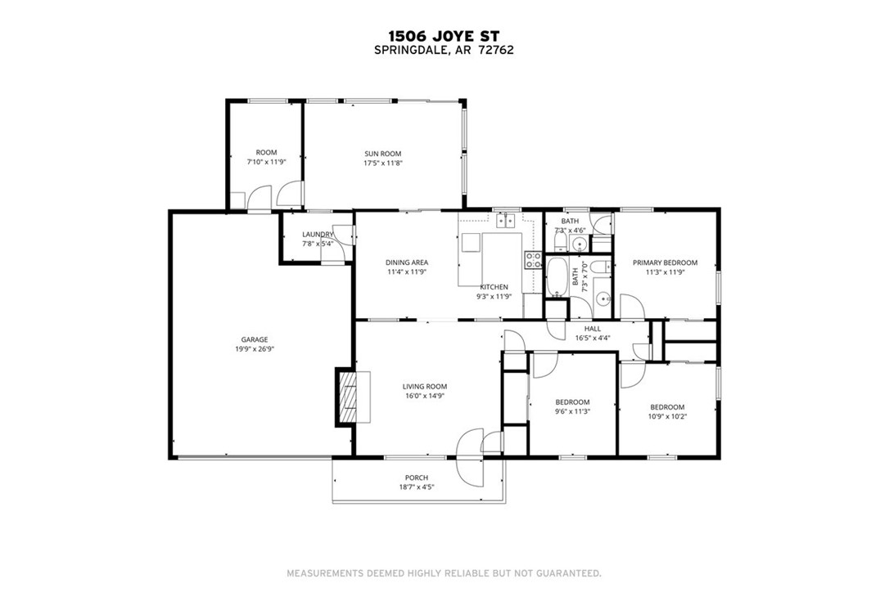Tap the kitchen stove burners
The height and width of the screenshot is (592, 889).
click(x=533, y=260)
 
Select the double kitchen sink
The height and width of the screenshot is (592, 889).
click(x=507, y=220)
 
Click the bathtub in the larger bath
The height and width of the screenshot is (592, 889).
click(x=560, y=278)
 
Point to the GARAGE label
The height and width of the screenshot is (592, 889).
click(x=254, y=339)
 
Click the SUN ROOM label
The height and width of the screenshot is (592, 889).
click(x=383, y=153)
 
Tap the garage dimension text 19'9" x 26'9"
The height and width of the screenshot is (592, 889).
click(x=254, y=349)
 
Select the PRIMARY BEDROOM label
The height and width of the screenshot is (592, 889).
click(x=665, y=262)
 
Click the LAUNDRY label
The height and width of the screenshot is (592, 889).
click(x=318, y=234)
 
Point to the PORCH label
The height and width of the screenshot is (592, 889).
click(x=417, y=478)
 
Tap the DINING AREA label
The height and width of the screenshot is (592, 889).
click(x=407, y=262)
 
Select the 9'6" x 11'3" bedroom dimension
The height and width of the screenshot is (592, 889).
click(x=572, y=411)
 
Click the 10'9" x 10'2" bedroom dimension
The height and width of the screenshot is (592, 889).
click(x=667, y=416)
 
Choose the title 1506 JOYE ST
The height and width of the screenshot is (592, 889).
click(x=444, y=36)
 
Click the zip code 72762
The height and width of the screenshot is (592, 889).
click(x=497, y=49)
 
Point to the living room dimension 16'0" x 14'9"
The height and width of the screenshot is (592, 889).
click(x=424, y=396)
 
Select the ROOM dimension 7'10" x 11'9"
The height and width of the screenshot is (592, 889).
click(x=266, y=162)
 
